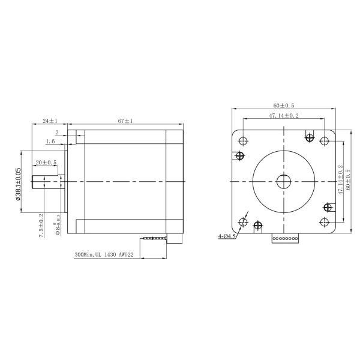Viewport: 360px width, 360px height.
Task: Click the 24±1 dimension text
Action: point(50,121)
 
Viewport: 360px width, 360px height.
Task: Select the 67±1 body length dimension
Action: point(125,121)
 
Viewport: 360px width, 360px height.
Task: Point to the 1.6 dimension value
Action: point(52,142)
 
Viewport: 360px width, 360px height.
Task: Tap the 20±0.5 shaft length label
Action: point(46,163)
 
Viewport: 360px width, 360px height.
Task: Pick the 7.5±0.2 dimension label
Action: point(41,226)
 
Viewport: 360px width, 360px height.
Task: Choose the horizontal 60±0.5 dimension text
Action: point(284,105)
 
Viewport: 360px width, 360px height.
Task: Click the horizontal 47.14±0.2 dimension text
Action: point(284,115)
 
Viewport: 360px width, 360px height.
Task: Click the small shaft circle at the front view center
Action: point(284,181)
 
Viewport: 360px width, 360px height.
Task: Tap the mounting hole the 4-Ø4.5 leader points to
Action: point(243,222)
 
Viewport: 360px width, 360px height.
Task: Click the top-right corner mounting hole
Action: point(325,141)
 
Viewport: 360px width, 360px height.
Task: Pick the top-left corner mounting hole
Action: point(243,141)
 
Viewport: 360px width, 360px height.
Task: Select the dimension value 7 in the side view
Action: point(57,132)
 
